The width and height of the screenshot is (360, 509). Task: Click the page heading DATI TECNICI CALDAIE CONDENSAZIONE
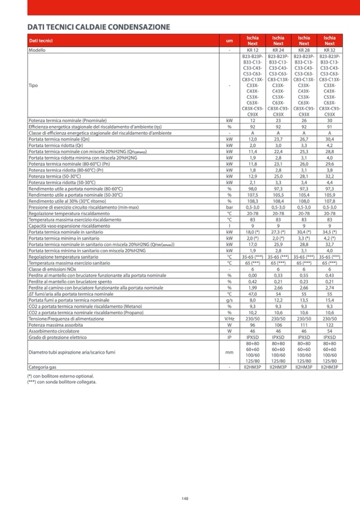pyautogui.click(x=99, y=27)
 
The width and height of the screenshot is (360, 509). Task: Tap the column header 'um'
pyautogui.click(x=229, y=41)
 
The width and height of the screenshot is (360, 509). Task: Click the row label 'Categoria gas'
pyautogui.click(x=44, y=366)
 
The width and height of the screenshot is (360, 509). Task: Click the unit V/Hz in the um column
pyautogui.click(x=229, y=318)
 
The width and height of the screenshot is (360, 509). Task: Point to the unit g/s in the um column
pyautogui.click(x=229, y=300)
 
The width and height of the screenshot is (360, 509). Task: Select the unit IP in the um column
pyautogui.click(x=229, y=337)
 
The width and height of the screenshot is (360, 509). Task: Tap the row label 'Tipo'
pyautogui.click(x=33, y=85)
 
